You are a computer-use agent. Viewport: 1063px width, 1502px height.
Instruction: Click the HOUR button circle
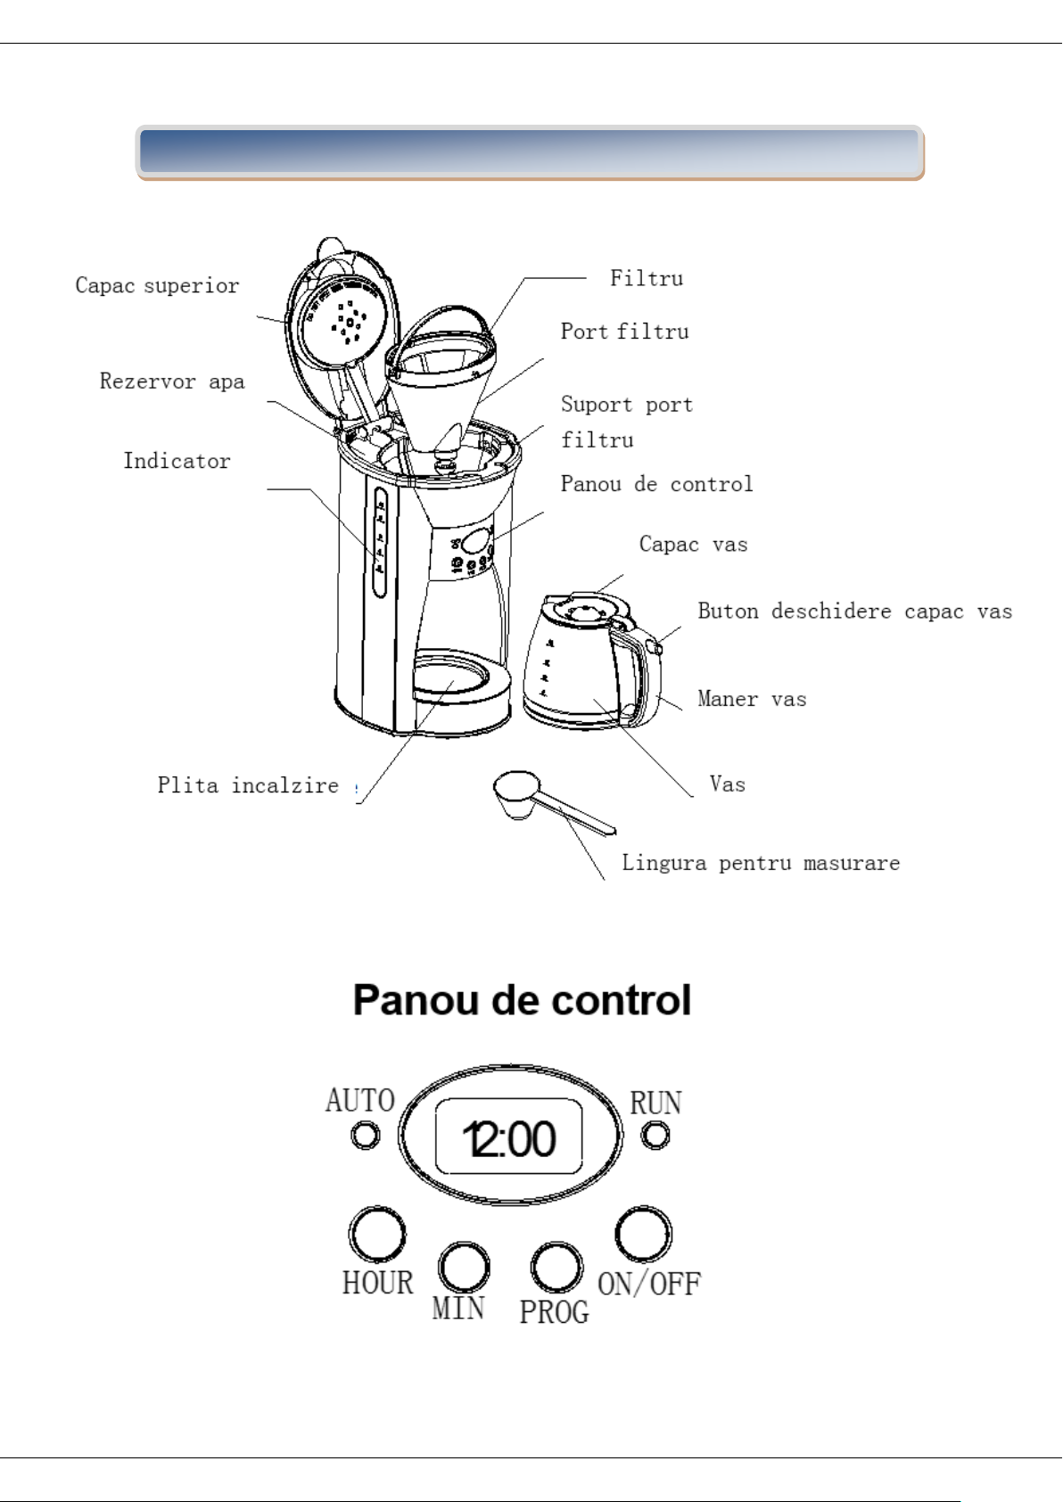pos(376,1235)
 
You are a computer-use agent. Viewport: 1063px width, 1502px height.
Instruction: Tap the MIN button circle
pos(464,1267)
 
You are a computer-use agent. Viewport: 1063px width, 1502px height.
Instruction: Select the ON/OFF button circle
pos(643,1235)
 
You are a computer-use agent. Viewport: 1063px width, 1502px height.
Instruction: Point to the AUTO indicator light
pos(365,1136)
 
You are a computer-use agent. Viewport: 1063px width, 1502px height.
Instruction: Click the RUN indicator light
pos(655,1136)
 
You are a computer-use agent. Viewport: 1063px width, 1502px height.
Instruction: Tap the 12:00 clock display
pos(509,1138)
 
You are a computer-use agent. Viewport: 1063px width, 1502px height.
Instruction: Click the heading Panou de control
pos(522,1000)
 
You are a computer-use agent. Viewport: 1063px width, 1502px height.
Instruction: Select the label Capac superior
pos(157,285)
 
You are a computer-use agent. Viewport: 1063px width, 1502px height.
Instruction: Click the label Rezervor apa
pos(172,382)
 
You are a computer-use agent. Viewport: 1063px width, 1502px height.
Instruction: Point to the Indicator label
pos(177,461)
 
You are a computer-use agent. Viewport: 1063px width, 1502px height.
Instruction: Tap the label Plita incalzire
pos(248,785)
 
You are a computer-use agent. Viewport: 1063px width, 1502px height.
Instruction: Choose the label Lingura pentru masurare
pos(761,863)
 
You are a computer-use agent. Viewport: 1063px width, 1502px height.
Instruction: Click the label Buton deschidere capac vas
pos(854,611)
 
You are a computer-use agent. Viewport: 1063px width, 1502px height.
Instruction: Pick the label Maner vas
pos(752,699)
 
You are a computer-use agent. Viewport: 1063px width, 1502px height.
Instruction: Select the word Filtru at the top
pos(647,278)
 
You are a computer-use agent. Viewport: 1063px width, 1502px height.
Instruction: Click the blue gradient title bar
pos(530,152)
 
